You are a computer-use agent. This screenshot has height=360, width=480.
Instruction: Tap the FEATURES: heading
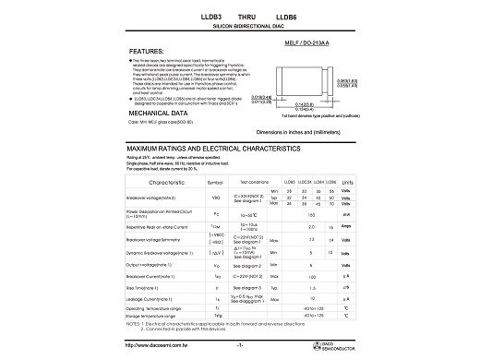148,52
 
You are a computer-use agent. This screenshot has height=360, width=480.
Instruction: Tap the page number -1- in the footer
241,345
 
